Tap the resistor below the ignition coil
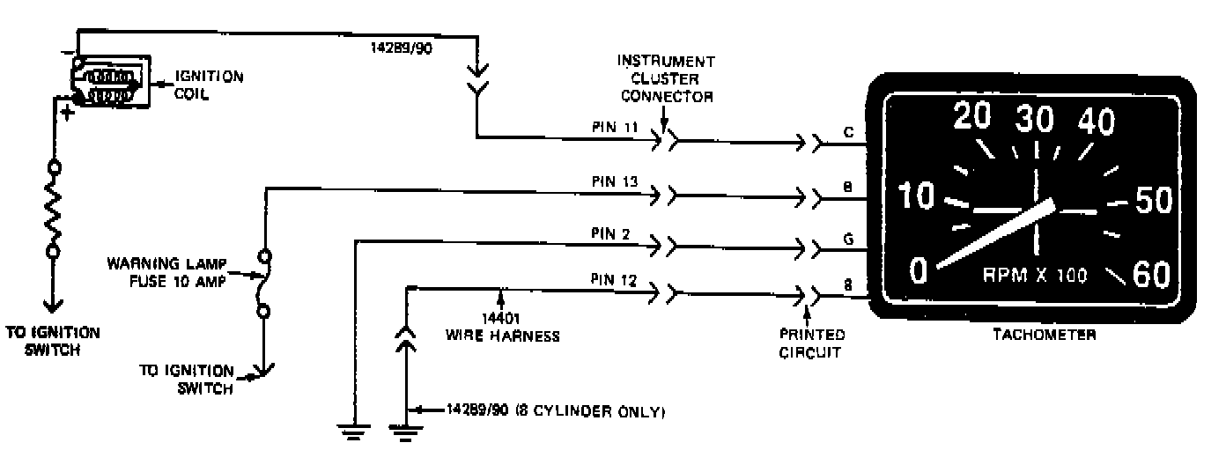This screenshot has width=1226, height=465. point(52,209)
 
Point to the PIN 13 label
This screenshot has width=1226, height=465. point(614,181)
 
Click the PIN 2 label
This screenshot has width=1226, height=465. point(610,234)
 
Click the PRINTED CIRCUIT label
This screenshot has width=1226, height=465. point(812,343)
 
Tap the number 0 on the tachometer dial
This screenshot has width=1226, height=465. point(918,270)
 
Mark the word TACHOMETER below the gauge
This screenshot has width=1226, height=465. point(1044,335)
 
